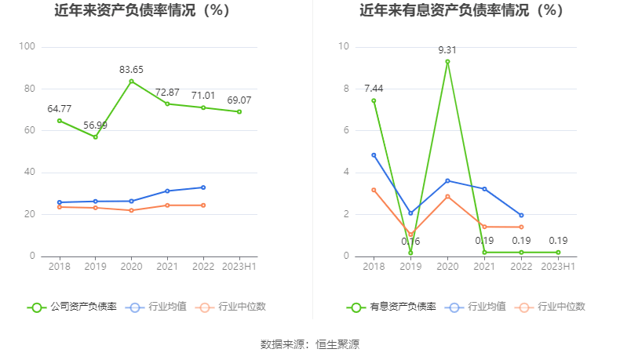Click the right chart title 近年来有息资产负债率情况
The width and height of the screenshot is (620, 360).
coord(461,11)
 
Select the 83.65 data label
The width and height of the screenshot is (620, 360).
coord(131,70)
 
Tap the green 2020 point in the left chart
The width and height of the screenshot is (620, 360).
coord(131,81)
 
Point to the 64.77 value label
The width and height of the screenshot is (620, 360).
coord(60,108)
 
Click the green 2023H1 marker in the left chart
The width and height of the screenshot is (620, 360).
coord(239,111)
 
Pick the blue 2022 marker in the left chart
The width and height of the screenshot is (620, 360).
coord(202,187)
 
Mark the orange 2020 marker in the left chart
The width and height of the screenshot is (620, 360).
coord(131,210)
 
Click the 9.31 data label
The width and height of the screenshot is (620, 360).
coord(447,49)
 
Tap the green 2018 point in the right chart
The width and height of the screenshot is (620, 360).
coord(374,100)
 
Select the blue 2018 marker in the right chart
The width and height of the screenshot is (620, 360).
coord(374,155)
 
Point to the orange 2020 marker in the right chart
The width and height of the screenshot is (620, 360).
coord(447,196)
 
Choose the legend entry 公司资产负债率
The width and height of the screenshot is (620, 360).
coord(72,307)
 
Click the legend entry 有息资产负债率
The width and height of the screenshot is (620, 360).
coord(392,307)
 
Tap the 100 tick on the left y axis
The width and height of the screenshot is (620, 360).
coord(27,47)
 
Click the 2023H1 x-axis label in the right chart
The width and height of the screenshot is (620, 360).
coord(558,267)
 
